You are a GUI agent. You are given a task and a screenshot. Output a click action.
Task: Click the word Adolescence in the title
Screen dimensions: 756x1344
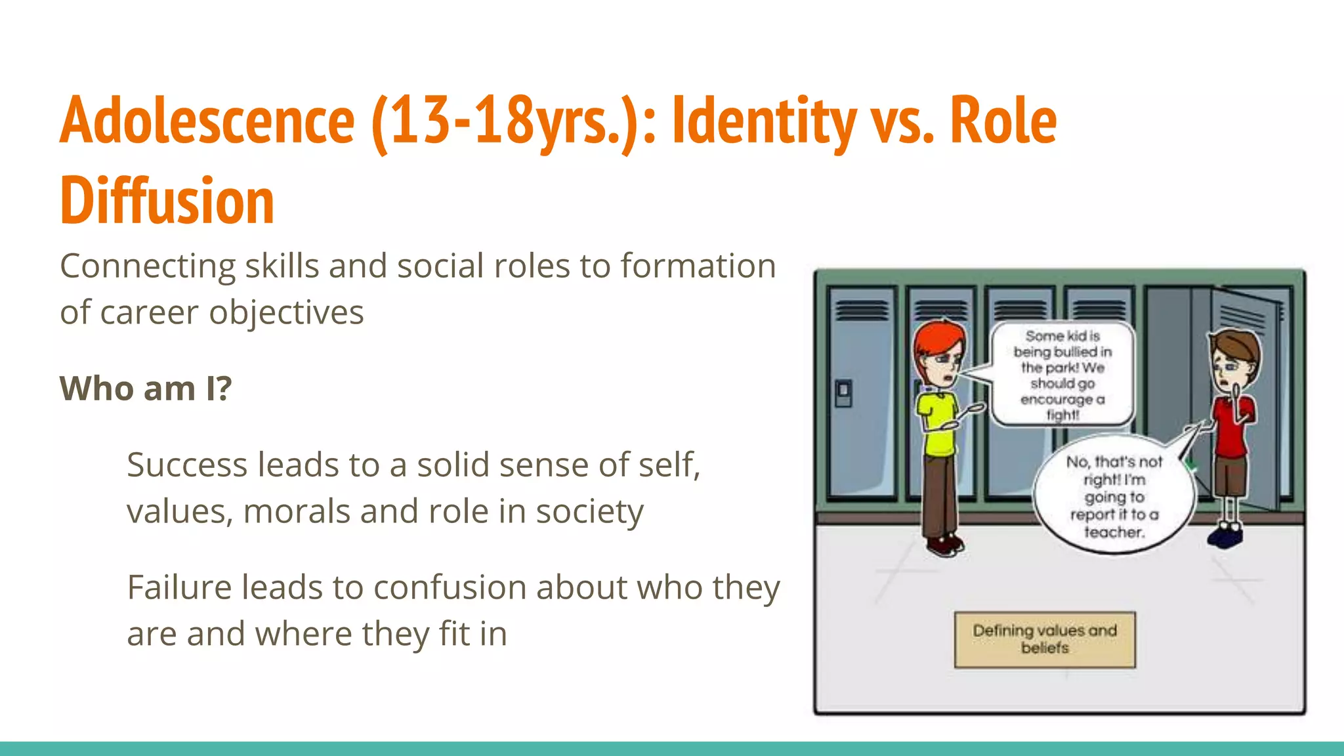pos(207,121)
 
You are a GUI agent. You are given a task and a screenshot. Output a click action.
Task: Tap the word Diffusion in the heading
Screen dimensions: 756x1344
pos(167,201)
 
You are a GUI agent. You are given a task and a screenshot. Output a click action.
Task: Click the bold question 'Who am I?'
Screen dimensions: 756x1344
pos(146,388)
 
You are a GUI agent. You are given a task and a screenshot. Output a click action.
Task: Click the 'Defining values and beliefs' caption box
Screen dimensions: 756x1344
pos(1045,639)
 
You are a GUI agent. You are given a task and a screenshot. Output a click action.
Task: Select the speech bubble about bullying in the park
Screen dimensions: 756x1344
pos(1062,375)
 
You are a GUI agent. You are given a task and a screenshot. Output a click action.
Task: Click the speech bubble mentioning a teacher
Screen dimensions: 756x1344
pos(1114,497)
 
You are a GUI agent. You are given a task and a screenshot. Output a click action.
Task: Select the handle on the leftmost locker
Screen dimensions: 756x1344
pos(843,392)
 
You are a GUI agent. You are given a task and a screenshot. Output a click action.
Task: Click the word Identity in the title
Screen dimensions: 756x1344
pos(764,121)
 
